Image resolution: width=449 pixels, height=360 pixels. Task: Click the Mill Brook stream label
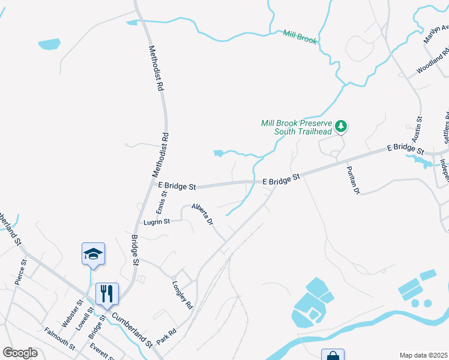(x=300, y=37)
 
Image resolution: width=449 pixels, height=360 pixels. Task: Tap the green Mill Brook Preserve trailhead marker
(x=341, y=126)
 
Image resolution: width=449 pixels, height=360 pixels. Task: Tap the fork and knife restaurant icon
(x=107, y=294)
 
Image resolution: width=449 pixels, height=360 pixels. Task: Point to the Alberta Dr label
(x=202, y=214)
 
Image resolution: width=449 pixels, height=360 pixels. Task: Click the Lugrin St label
(x=157, y=221)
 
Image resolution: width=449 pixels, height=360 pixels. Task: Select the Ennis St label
(x=161, y=202)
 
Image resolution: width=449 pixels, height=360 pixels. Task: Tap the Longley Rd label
(x=182, y=295)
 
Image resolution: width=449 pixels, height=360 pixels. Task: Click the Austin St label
(x=418, y=129)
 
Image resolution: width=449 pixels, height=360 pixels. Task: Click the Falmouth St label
(x=59, y=339)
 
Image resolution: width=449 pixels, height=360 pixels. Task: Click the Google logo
(x=20, y=353)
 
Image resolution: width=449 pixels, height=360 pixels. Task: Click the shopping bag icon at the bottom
(x=333, y=356)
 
